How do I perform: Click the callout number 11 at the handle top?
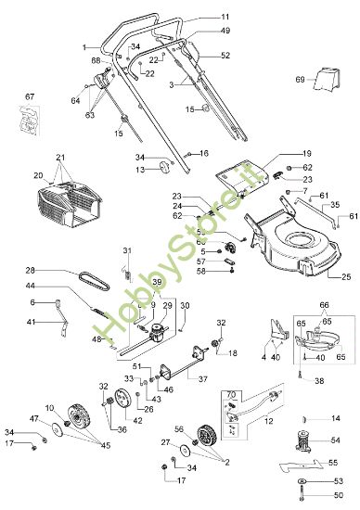(x=225, y=17)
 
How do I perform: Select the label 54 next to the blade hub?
(x=336, y=440)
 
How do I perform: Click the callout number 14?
(x=336, y=418)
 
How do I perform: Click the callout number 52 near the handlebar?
(x=225, y=56)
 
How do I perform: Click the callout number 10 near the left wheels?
(x=49, y=408)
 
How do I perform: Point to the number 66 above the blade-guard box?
(x=325, y=304)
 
